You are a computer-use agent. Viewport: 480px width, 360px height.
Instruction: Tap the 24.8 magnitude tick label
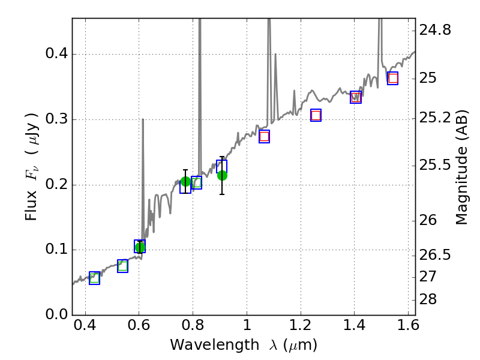434,29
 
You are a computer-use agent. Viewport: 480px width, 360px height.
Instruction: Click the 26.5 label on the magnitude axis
434,256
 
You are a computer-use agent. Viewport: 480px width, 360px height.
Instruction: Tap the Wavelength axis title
243,345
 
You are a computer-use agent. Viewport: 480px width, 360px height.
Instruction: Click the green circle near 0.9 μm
222,175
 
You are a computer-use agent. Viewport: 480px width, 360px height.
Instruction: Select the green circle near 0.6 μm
140,247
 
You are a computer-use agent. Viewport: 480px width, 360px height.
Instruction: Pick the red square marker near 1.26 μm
316,115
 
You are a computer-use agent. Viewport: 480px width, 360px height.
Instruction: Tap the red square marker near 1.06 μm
264,136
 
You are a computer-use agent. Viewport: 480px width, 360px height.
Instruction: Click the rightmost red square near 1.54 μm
392,78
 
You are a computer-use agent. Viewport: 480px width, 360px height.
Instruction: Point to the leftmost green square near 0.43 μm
94,277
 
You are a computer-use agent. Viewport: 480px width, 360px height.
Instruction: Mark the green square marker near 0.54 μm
122,266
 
